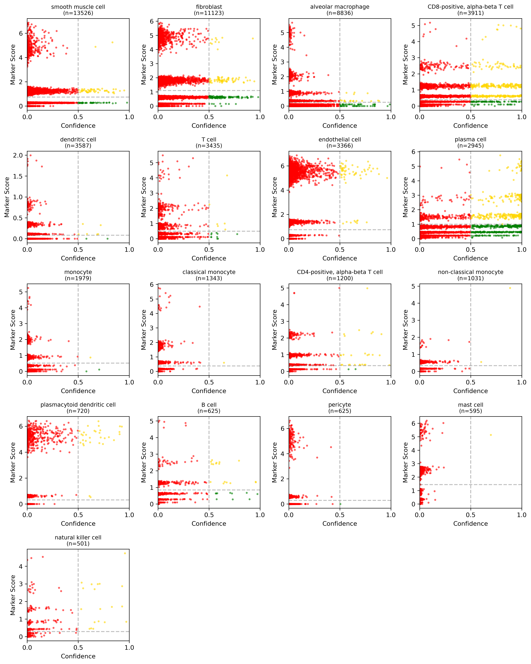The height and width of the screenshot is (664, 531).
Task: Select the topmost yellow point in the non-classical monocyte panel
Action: click(510, 288)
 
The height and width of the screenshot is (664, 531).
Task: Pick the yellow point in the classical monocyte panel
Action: click(224, 363)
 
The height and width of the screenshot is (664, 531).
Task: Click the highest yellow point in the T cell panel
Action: click(227, 176)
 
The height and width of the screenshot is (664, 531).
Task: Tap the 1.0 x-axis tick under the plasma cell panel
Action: click(521, 250)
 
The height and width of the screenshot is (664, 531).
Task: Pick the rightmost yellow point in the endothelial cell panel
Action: click(387, 178)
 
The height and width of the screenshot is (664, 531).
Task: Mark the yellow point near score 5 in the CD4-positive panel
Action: click(367, 288)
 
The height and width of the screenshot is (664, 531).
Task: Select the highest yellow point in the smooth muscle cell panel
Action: click(112, 42)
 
